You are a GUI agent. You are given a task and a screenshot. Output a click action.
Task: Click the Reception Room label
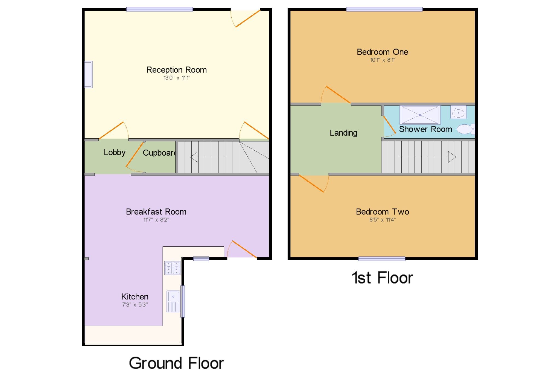pyautogui.click(x=176, y=70)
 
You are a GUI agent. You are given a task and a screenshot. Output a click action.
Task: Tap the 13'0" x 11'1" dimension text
pyautogui.click(x=176, y=78)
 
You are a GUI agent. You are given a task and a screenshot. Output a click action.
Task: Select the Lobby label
pyautogui.click(x=114, y=152)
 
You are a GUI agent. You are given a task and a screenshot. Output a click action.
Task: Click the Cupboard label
pyautogui.click(x=159, y=153)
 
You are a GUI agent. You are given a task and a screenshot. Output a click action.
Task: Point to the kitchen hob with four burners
pyautogui.click(x=172, y=268)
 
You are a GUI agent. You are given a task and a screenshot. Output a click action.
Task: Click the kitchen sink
pyautogui.click(x=173, y=301)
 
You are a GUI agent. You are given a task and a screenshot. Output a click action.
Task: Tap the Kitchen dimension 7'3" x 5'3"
pyautogui.click(x=135, y=305)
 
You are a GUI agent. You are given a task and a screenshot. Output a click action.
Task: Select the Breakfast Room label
pyautogui.click(x=156, y=212)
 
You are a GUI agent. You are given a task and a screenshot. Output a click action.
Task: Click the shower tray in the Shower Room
pyautogui.click(x=420, y=115)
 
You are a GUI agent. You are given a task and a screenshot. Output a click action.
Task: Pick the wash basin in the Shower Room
pyautogui.click(x=458, y=112)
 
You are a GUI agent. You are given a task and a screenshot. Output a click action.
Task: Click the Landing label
pyautogui.click(x=343, y=133)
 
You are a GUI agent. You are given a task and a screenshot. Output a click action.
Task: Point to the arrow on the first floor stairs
pyautogui.click(x=452, y=157)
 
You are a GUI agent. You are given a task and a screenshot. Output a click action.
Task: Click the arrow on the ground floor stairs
pyautogui.click(x=194, y=157)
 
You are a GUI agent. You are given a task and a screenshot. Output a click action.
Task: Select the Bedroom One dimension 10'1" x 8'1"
pyautogui.click(x=383, y=60)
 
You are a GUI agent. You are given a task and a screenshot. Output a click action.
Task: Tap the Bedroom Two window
pyautogui.click(x=382, y=259)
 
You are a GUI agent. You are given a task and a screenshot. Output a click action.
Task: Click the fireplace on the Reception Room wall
pyautogui.click(x=88, y=74)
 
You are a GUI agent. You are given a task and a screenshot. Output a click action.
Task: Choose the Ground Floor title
pyautogui.click(x=176, y=363)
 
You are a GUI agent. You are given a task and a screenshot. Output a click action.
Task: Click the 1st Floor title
pyautogui.click(x=382, y=278)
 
